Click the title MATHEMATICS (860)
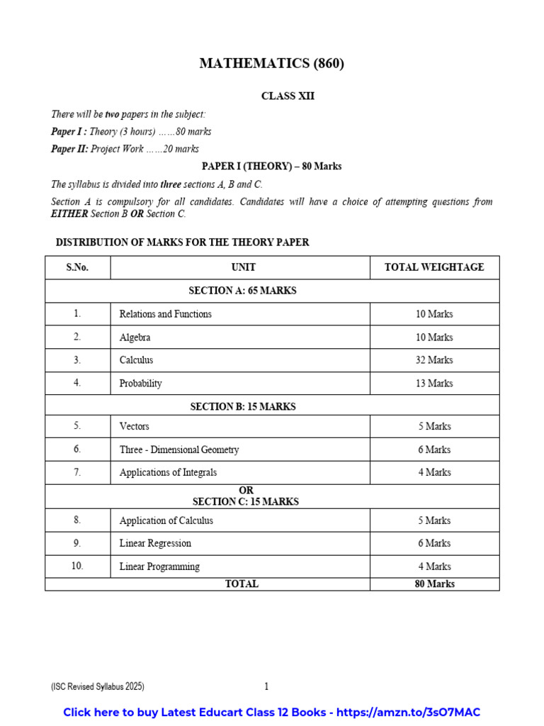[x=272, y=64]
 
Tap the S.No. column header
[x=77, y=267]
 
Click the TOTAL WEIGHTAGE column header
[x=434, y=267]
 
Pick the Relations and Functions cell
[x=166, y=314]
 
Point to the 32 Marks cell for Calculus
[x=434, y=360]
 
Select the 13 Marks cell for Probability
[x=434, y=384]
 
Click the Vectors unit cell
[x=135, y=427]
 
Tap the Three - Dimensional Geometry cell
[x=179, y=449]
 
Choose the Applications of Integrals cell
[x=169, y=472]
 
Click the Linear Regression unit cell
[x=155, y=543]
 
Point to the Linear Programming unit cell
[x=159, y=566]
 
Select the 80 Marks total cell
[x=434, y=584]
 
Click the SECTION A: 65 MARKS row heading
[x=242, y=291]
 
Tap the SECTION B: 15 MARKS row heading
[x=243, y=407]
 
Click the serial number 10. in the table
[x=77, y=566]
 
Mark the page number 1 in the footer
[x=266, y=686]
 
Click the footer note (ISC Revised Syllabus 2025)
[x=98, y=687]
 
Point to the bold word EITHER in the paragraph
[x=69, y=214]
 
